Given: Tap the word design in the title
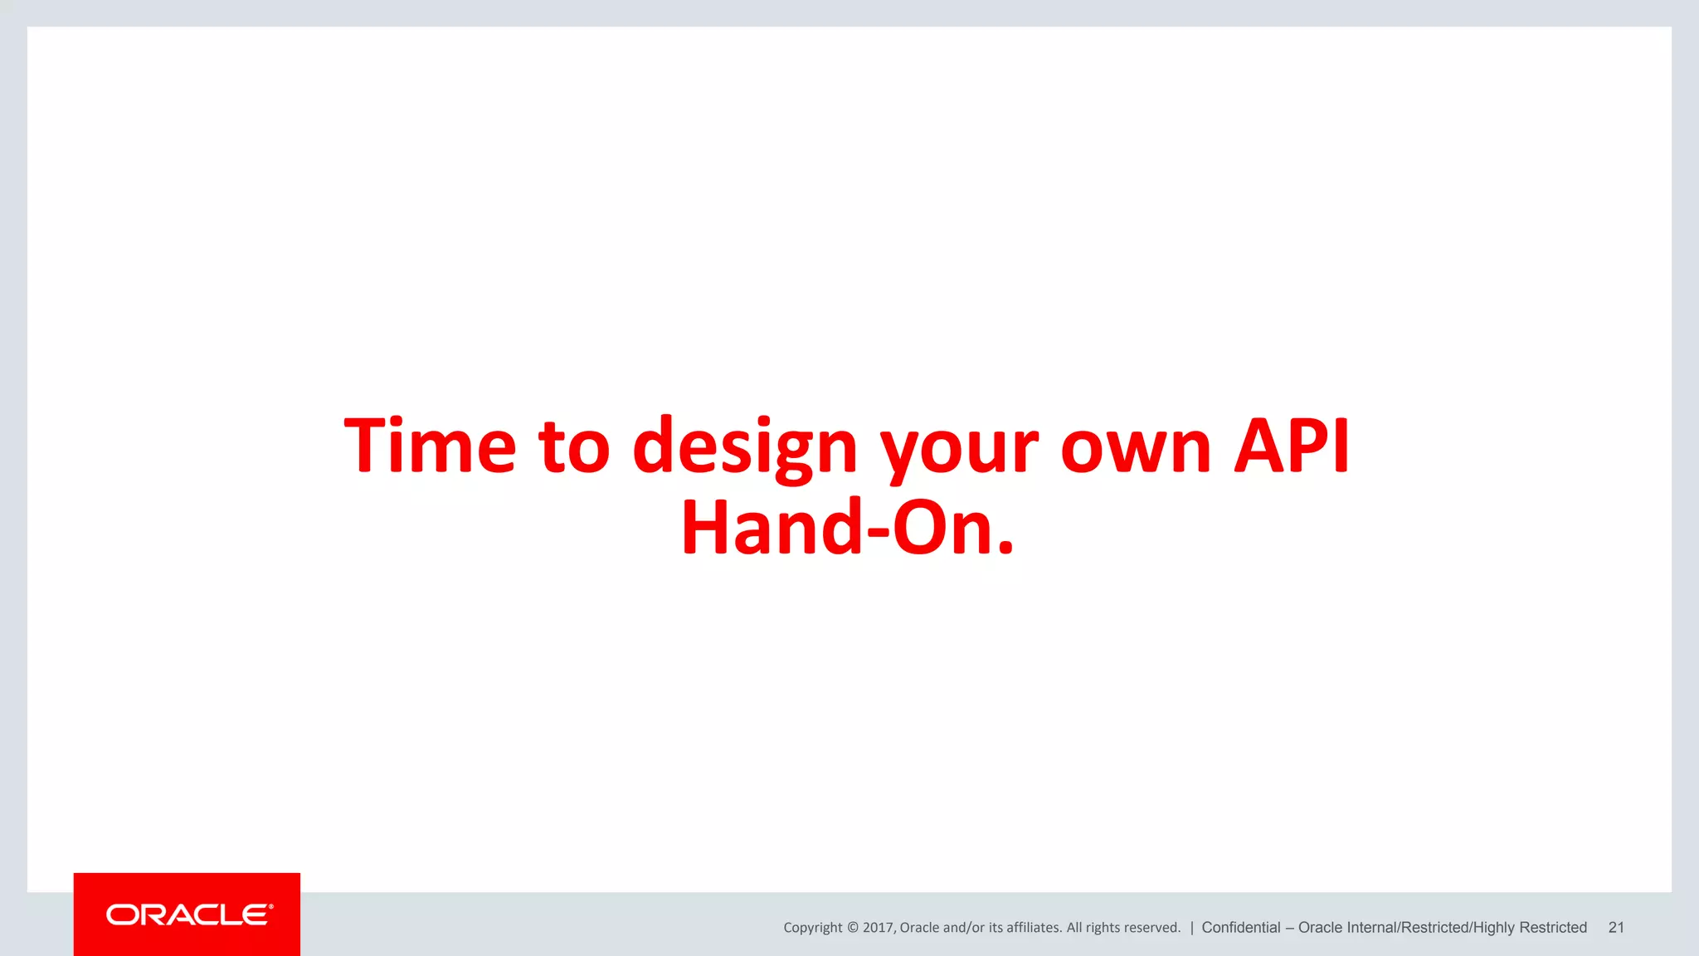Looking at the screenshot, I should coord(744,448).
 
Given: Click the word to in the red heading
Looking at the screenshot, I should coord(574,448).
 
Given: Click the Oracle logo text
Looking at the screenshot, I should coord(187,915).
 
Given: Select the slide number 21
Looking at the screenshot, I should coord(1616,928).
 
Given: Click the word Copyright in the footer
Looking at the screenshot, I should coord(812,928).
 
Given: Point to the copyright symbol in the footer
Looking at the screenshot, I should coord(853,928).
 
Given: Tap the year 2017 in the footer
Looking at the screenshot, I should coord(878,928).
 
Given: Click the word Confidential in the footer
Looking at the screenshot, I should coord(1240,928).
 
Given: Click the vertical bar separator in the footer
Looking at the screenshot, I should coord(1191,928).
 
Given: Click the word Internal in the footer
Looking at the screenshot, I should coord(1372,928).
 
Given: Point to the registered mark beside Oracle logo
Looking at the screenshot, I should coord(271,906).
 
